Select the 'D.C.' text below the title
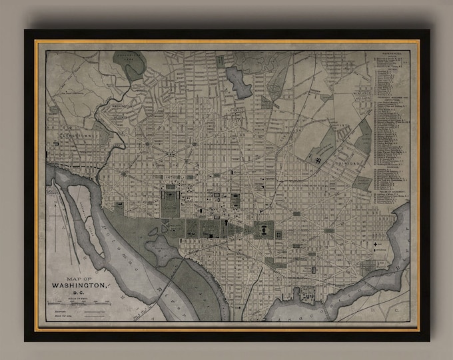click(x=77, y=291)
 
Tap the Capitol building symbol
click(x=264, y=230)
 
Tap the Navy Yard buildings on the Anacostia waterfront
click(x=308, y=291)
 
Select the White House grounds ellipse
click(x=171, y=200)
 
